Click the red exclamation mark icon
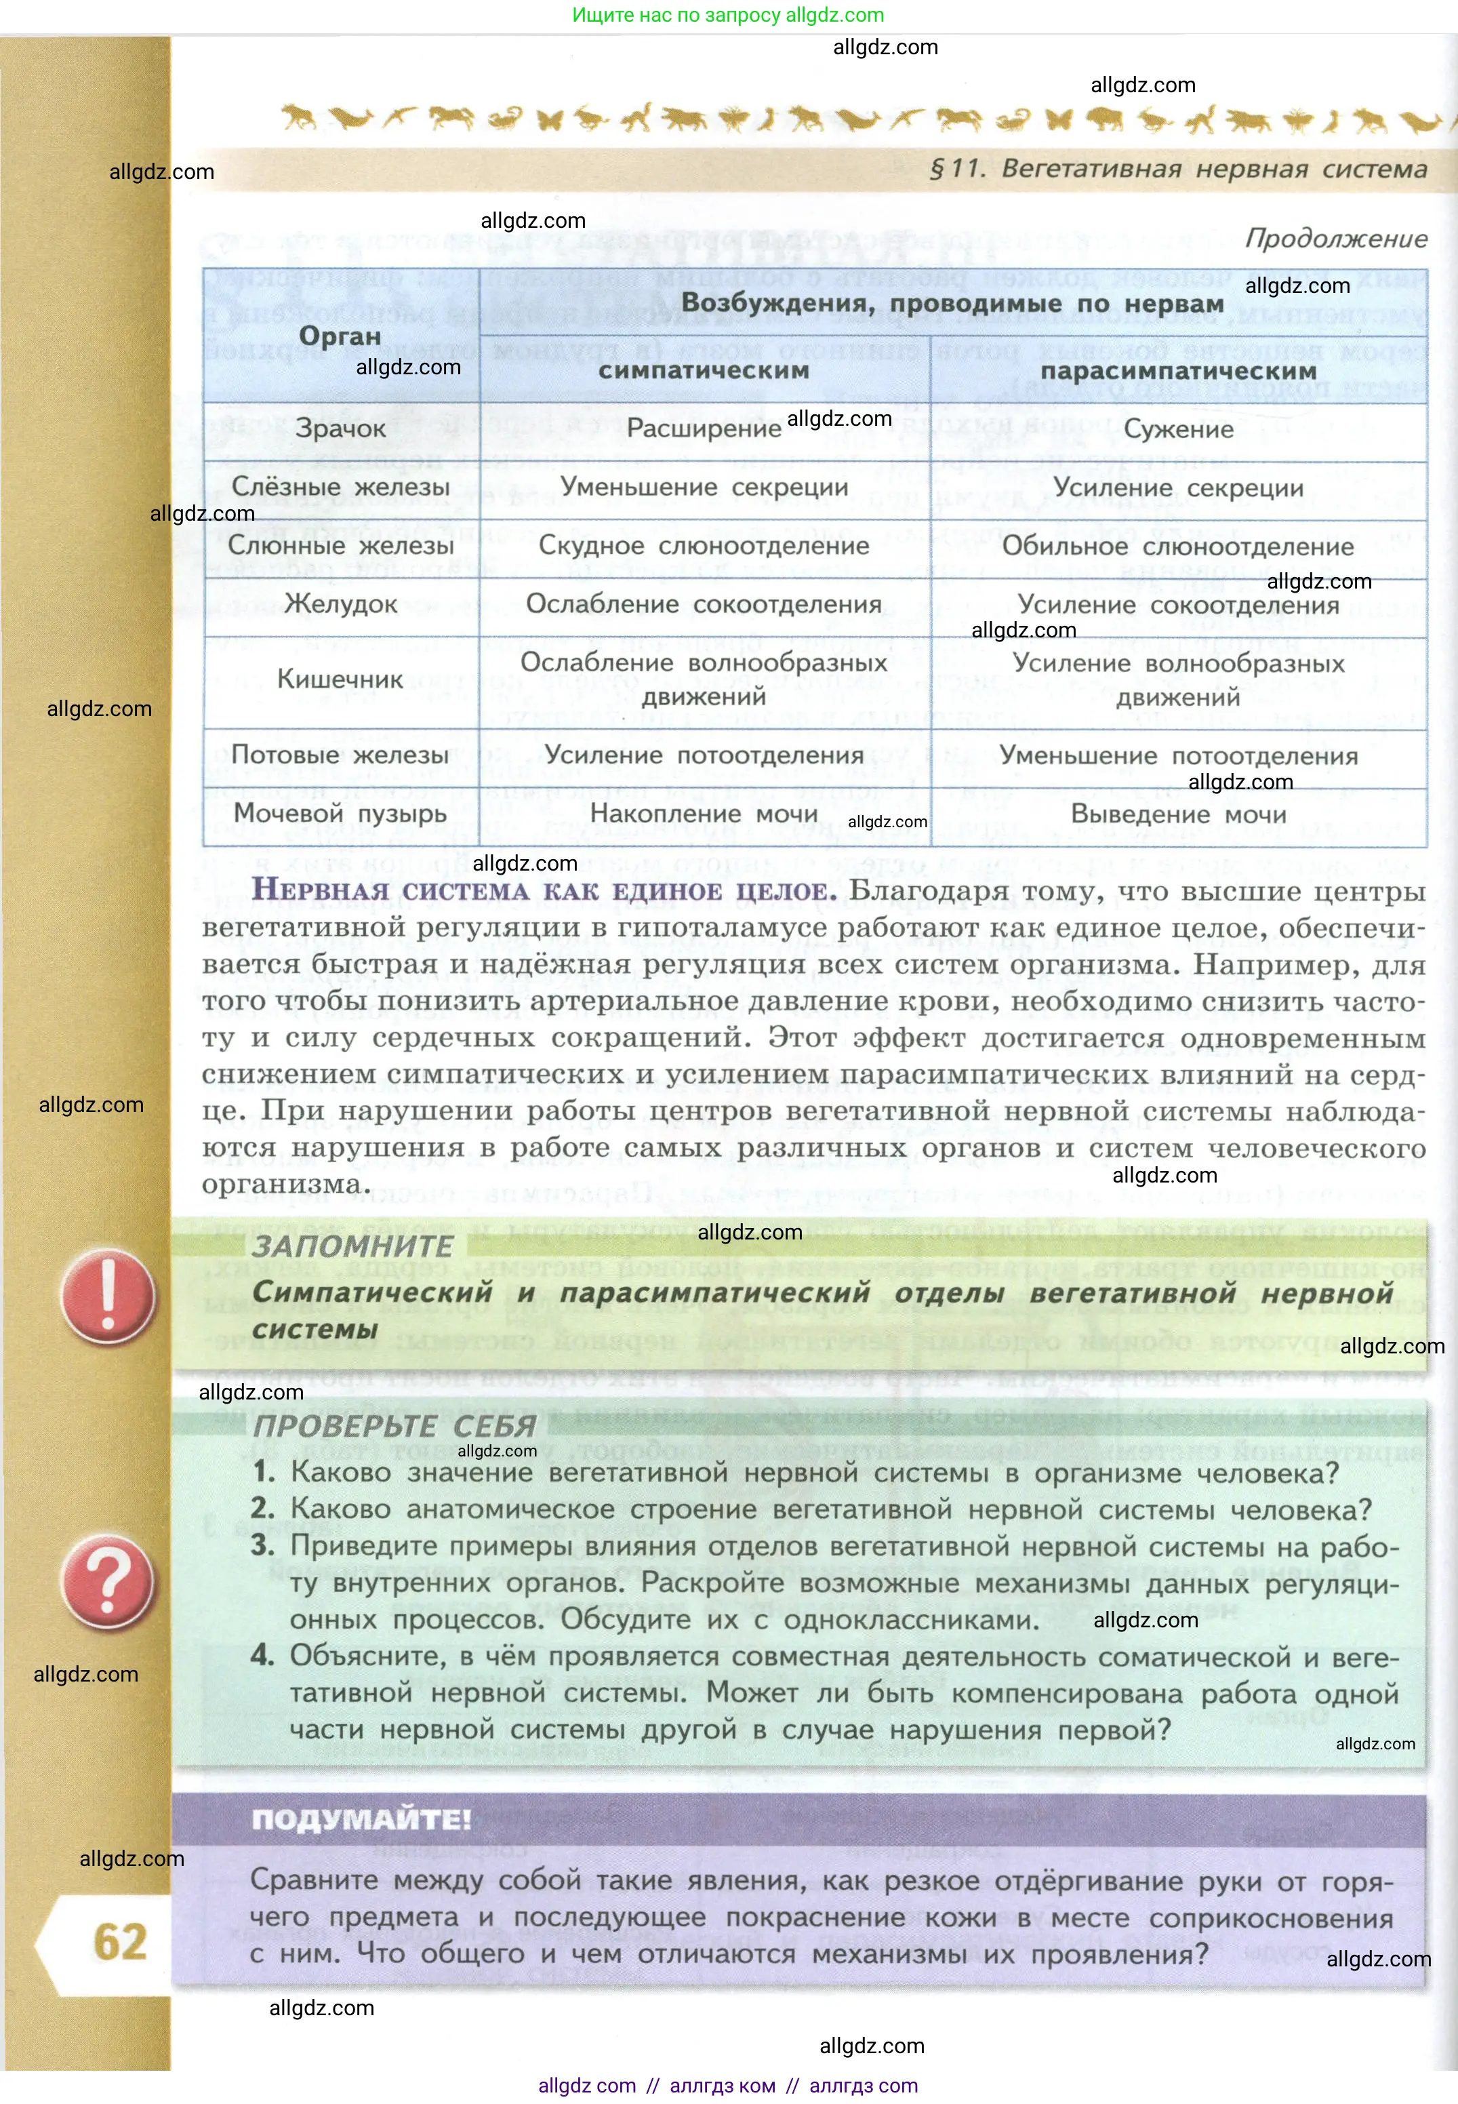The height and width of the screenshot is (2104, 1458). tap(108, 1296)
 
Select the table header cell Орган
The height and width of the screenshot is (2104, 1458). tap(340, 336)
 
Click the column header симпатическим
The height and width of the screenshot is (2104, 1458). tap(704, 370)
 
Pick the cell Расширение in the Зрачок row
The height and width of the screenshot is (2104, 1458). tap(704, 429)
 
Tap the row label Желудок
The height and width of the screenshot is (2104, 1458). tap(340, 604)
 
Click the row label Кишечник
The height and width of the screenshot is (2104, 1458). tap(340, 679)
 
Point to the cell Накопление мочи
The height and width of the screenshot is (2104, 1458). tap(704, 813)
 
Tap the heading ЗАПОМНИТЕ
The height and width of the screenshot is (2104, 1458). tap(352, 1246)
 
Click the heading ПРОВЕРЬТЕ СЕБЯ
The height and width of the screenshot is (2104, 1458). tap(394, 1426)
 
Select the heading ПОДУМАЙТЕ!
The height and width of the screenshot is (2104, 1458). tap(361, 1819)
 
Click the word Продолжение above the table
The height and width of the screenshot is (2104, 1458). tap(1335, 239)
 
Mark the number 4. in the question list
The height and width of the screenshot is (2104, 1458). tap(262, 1654)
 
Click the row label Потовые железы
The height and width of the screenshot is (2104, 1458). tap(340, 755)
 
